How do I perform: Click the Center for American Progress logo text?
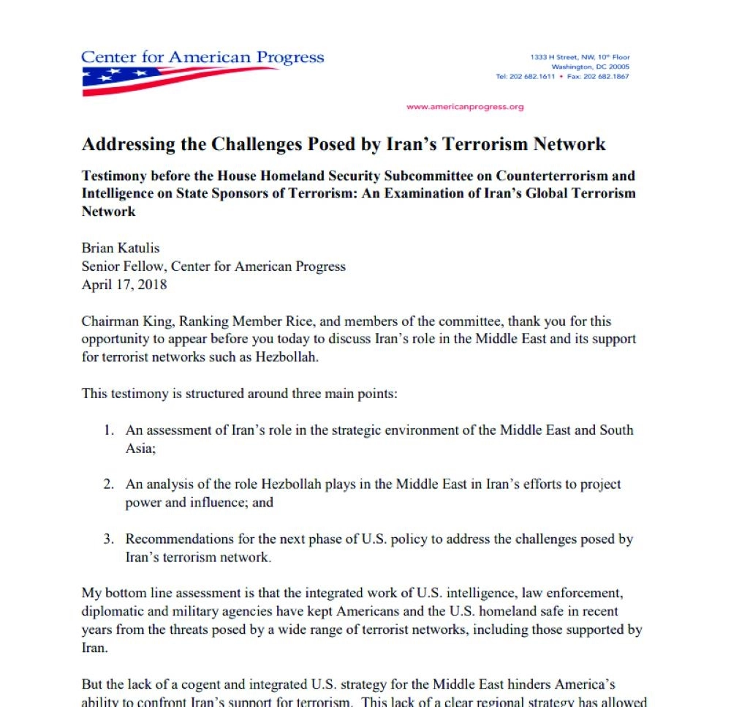point(202,58)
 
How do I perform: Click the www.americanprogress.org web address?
point(465,107)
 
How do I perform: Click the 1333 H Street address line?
point(580,57)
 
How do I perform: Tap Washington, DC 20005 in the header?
point(590,67)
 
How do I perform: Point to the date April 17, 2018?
point(124,285)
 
